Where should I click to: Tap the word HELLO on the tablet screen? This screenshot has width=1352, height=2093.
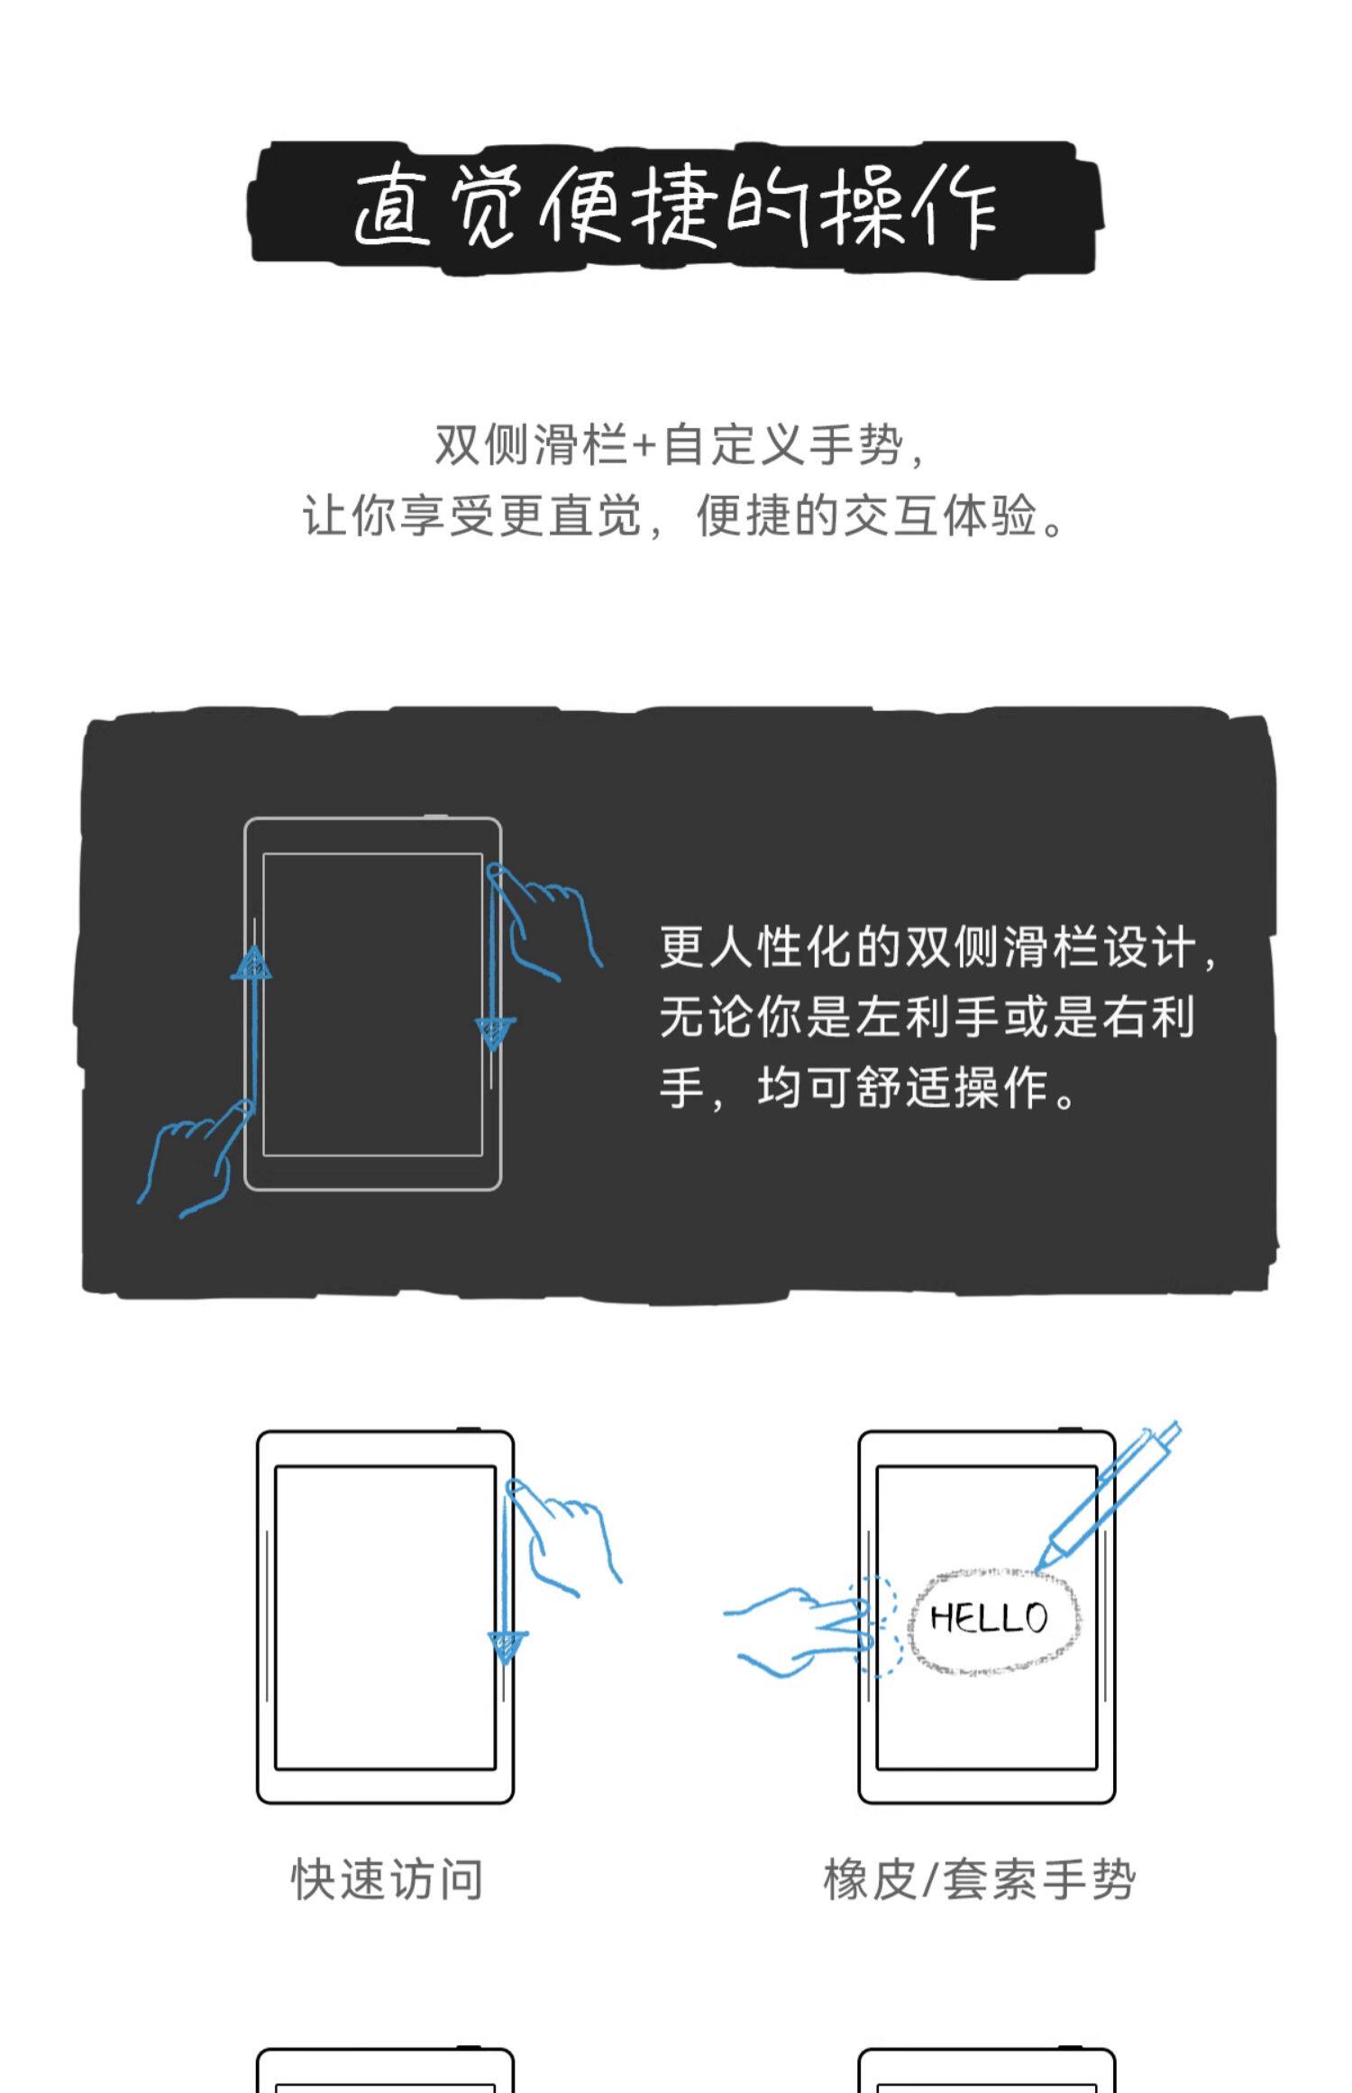[x=989, y=1618]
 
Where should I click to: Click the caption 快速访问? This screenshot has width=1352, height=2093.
[x=387, y=1879]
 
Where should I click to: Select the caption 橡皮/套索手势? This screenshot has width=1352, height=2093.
[x=979, y=1879]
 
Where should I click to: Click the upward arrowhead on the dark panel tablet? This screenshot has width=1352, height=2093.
[x=252, y=964]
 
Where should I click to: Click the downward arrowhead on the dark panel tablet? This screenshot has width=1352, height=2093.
[x=494, y=1031]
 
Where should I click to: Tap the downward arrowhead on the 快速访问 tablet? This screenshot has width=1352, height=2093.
[x=507, y=1646]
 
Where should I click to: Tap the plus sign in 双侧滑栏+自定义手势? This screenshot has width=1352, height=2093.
[x=644, y=446]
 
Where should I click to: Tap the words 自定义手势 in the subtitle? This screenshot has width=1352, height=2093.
[x=782, y=446]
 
